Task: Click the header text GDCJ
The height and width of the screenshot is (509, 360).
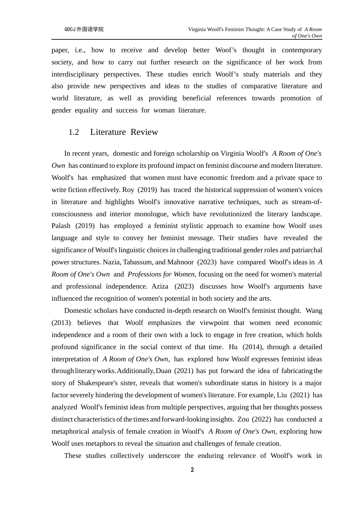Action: tap(70, 29)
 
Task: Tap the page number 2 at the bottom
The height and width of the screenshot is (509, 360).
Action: tap(192, 470)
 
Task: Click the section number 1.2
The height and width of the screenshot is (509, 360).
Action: tap(74, 132)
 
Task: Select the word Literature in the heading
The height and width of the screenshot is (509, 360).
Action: tap(108, 132)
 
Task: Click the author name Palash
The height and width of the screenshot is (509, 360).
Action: tap(61, 226)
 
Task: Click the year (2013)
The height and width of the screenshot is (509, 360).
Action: tap(61, 323)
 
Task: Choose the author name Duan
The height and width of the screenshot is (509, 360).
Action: tap(164, 371)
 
